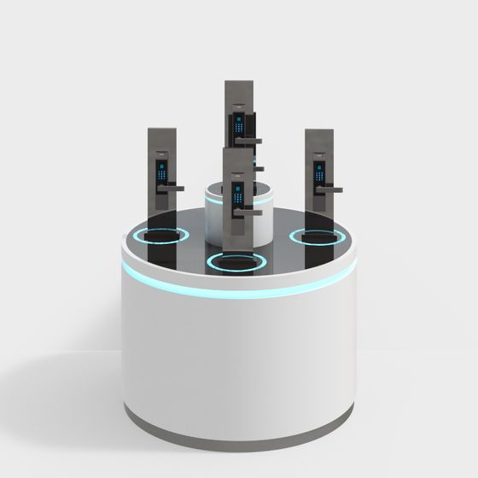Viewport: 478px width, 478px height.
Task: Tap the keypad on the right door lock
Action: click(x=320, y=170)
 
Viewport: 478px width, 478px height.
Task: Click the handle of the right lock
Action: click(x=331, y=188)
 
